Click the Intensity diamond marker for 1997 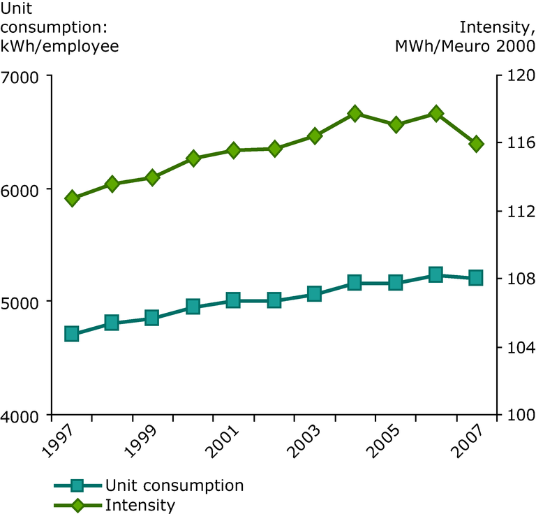[x=71, y=198]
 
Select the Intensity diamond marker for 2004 [x=355, y=113]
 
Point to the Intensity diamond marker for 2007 [x=476, y=144]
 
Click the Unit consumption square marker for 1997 [x=71, y=334]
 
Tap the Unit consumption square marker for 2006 [x=435, y=274]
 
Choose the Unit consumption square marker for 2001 [x=233, y=300]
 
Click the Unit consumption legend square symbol [x=77, y=485]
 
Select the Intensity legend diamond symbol [x=77, y=505]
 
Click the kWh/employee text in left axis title [x=59, y=46]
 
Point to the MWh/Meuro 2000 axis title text [x=465, y=46]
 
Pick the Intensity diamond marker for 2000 [x=193, y=159]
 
